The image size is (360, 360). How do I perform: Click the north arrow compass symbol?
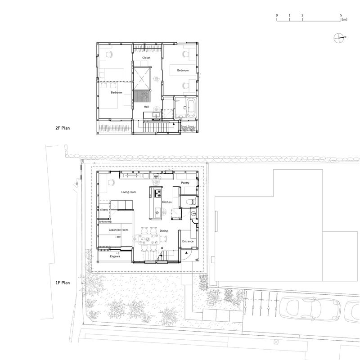coord(339,38)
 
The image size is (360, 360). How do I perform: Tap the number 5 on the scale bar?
coord(341,15)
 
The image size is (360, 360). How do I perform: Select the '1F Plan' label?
coord(63,283)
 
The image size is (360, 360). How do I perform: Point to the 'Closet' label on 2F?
coord(146,58)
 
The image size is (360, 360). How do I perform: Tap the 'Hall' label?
coord(146,107)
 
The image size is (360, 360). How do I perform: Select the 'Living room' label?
coord(129,192)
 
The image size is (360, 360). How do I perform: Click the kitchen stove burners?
coord(158,193)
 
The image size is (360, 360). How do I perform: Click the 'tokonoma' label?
coord(106,222)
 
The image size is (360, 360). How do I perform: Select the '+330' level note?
coord(118,237)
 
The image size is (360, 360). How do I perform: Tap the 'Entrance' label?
coord(188,242)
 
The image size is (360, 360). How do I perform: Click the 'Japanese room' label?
coord(119,230)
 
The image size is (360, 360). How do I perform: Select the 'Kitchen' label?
coord(166,202)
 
